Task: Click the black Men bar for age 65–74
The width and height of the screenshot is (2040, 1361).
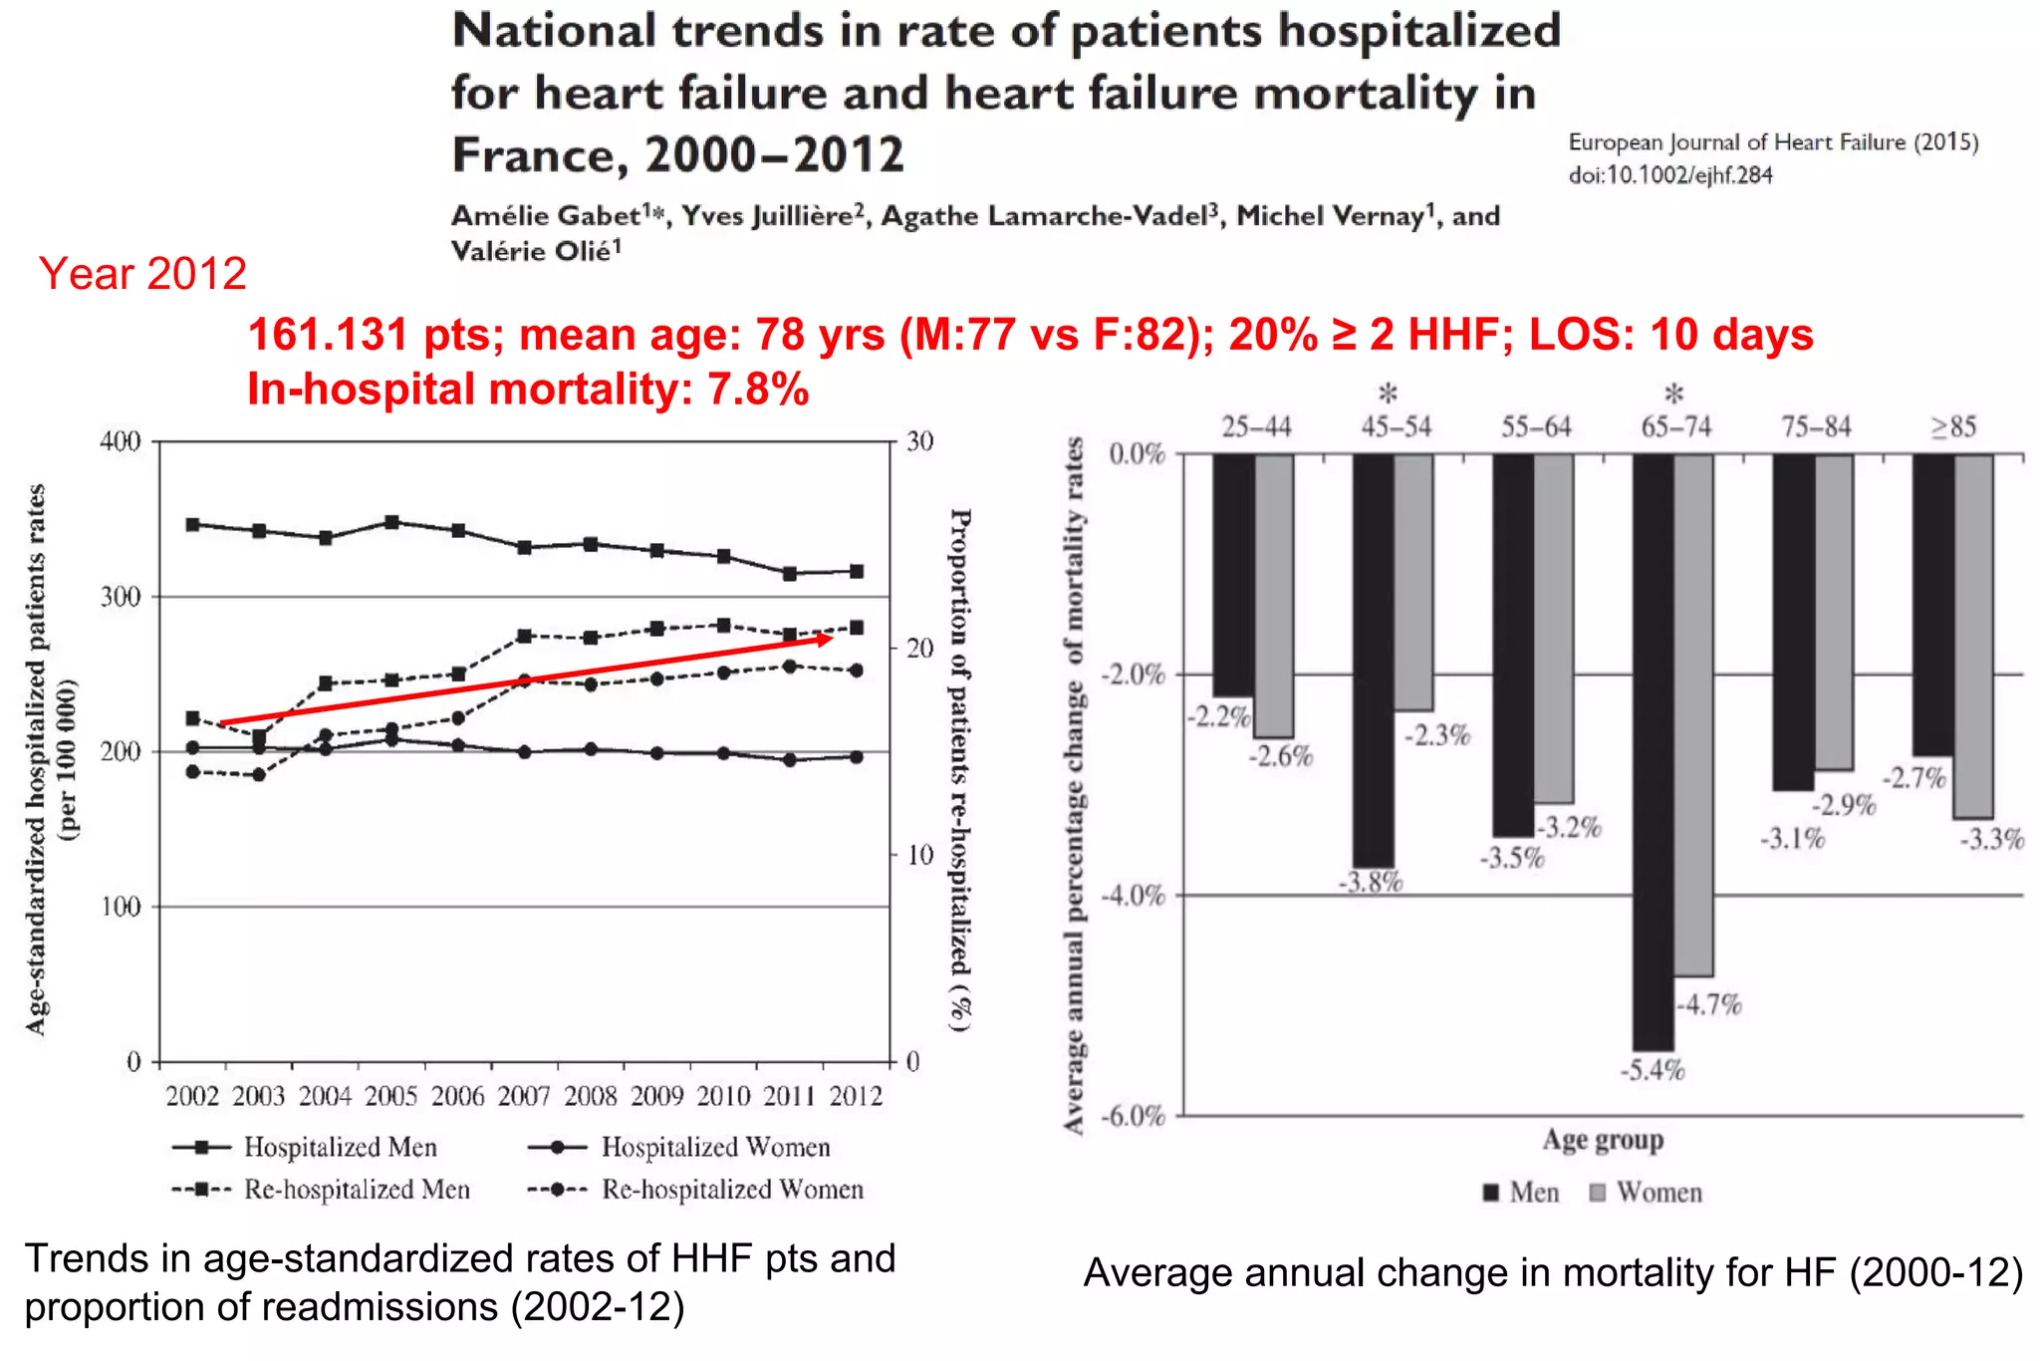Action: point(1653,752)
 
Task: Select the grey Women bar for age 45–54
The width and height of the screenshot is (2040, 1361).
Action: point(1413,582)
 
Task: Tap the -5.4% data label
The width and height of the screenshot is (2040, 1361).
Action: point(1652,1071)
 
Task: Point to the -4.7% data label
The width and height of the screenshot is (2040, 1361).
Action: point(1709,1004)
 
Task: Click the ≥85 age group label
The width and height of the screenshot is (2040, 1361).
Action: point(1953,427)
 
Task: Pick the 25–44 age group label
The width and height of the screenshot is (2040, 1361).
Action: point(1256,427)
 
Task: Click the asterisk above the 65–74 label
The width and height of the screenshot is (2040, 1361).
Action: point(1674,394)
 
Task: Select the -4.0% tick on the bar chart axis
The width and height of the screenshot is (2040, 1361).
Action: point(1133,895)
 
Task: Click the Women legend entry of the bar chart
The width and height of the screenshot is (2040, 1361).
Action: point(1646,1193)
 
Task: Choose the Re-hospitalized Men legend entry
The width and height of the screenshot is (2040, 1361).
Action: point(321,1190)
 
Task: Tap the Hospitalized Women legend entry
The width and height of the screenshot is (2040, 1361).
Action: point(679,1148)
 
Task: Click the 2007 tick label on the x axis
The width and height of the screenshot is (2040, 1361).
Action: point(524,1097)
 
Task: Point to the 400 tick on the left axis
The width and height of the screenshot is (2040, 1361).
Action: point(121,441)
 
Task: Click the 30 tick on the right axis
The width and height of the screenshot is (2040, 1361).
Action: point(919,441)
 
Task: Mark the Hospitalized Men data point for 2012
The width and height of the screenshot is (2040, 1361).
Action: point(856,571)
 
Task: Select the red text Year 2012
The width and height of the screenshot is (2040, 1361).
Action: point(142,274)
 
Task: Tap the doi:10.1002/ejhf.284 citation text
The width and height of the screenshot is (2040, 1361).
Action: point(1670,175)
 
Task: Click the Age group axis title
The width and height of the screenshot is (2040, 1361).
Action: point(1603,1139)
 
